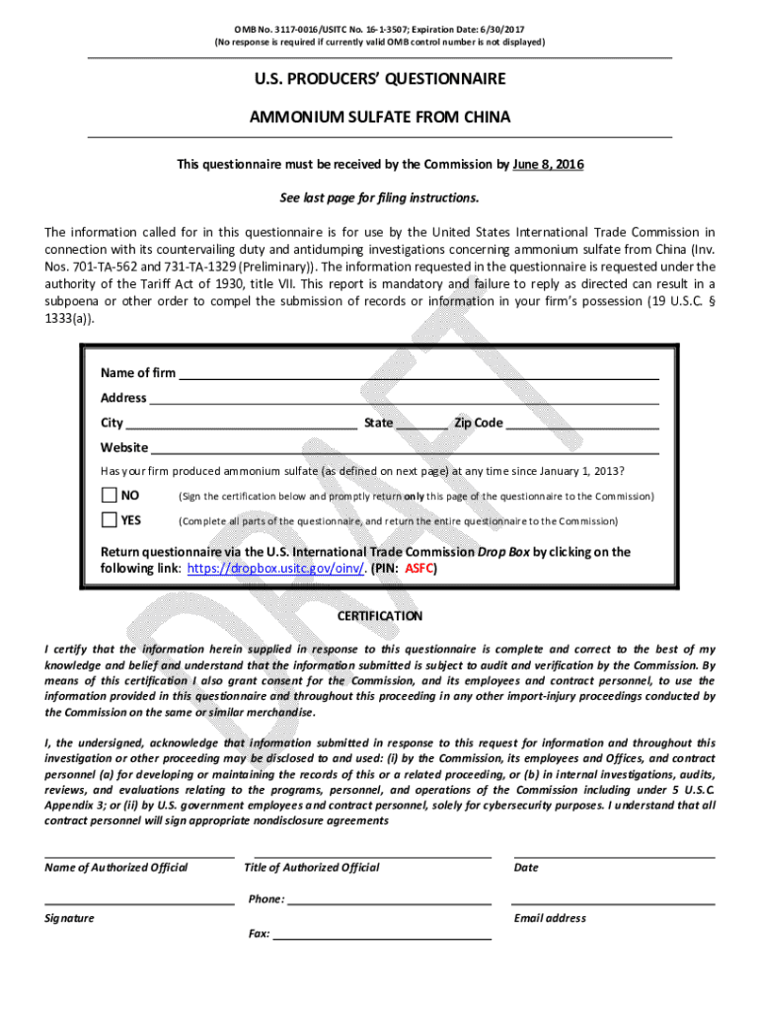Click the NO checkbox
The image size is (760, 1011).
pos(109,495)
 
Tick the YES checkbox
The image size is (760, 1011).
pos(109,519)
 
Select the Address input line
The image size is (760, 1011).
pos(404,400)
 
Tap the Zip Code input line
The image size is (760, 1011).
pos(582,426)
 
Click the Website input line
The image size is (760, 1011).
pos(405,450)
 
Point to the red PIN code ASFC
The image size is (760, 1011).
pos(420,569)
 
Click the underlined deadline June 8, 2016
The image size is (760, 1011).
pos(548,164)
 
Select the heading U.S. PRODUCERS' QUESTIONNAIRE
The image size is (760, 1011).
pos(380,78)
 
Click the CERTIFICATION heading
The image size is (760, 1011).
pos(380,616)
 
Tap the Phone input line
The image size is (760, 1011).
pos(389,900)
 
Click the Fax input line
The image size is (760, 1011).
pos(382,934)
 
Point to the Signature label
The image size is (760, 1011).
pos(69,918)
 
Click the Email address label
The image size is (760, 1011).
pos(550,918)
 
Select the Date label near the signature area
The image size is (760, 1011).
pos(526,868)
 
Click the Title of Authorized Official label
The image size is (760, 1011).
pos(311,868)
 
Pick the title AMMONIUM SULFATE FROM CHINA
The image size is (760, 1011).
pos(380,117)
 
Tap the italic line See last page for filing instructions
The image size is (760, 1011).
pos(380,197)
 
